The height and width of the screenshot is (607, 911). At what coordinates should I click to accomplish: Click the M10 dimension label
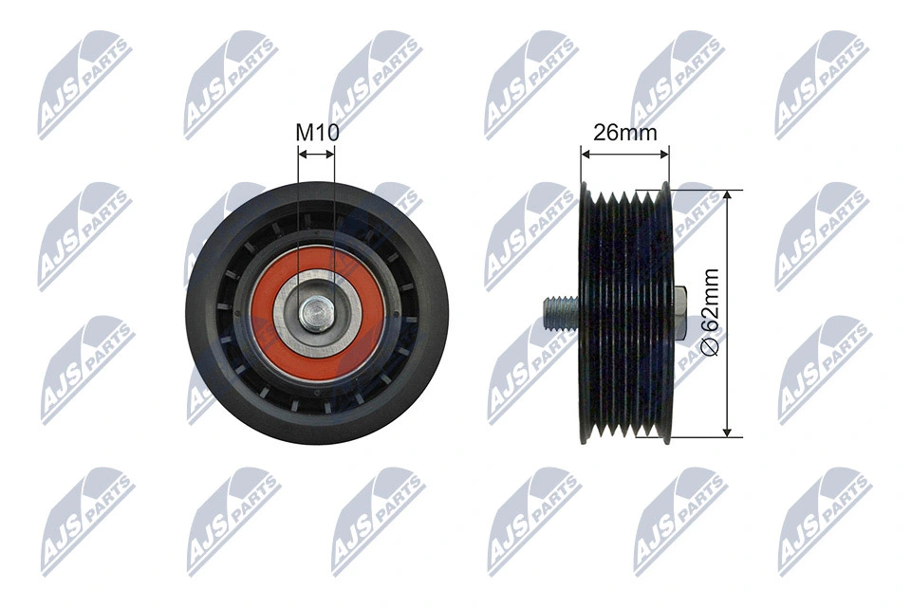(317, 132)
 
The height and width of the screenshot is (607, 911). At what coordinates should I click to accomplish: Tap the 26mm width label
(624, 132)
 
